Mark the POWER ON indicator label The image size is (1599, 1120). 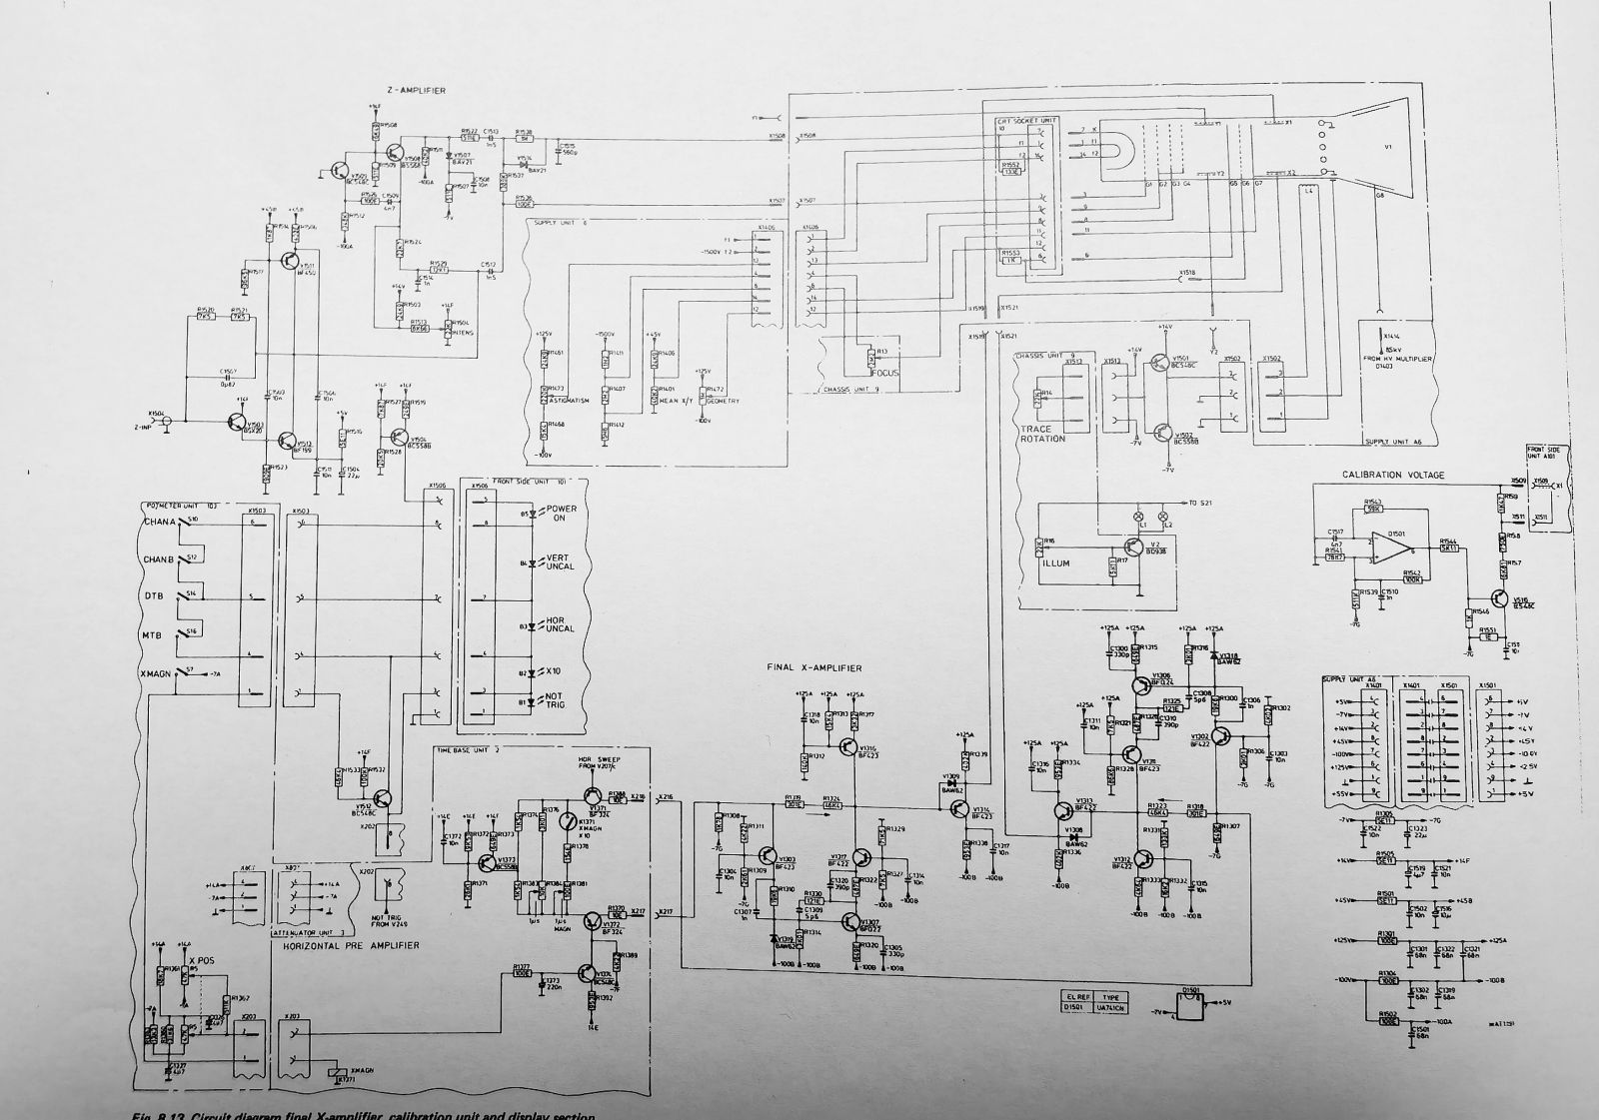[x=561, y=515]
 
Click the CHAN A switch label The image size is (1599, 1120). [x=160, y=523]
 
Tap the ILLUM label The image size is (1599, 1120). [x=1056, y=563]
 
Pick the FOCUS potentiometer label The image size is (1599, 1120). [x=884, y=373]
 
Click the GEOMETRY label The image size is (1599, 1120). [x=723, y=401]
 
